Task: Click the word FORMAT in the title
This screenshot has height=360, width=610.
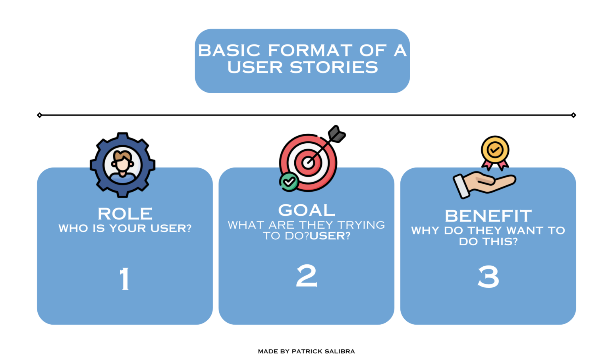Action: tap(310, 50)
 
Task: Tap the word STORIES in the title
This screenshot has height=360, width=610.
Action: tap(334, 67)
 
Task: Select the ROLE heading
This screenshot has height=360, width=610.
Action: tap(125, 214)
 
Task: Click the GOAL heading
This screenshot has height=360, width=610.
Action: tap(307, 210)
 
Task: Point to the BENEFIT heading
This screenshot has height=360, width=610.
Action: tap(488, 216)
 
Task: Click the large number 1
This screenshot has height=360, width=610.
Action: tap(125, 278)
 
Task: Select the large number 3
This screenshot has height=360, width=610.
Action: tap(488, 277)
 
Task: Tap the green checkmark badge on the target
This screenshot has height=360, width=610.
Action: tap(289, 182)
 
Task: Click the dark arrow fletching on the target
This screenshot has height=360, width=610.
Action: tap(337, 134)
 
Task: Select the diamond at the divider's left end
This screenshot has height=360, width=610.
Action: tap(39, 115)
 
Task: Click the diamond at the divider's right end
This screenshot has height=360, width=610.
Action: tap(573, 115)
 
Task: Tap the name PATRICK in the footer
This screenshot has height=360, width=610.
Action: tap(306, 351)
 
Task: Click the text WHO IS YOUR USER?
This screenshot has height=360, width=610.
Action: tap(125, 228)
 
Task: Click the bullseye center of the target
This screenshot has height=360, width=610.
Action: tap(308, 162)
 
